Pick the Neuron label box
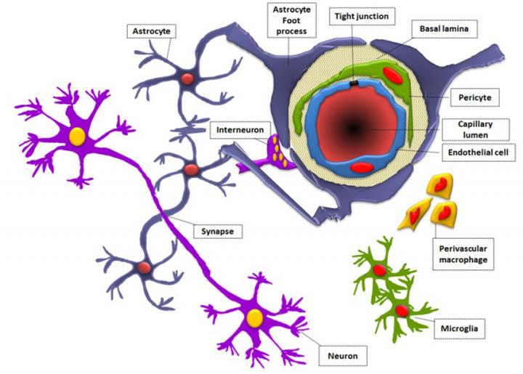(343, 357)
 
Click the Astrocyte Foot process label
(288, 23)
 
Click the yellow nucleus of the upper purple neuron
(76, 136)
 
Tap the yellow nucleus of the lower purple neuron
(254, 317)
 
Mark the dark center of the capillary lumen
(354, 129)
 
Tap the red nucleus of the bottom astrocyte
(145, 268)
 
